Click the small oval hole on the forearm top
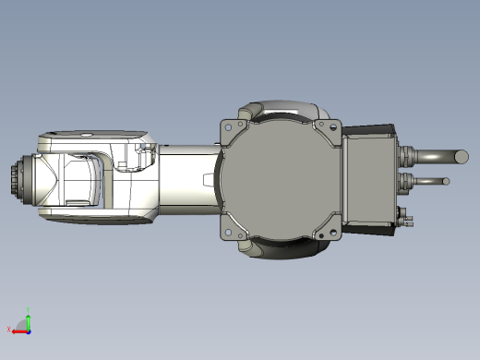pyautogui.click(x=86, y=136)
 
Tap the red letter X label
pyautogui.click(x=8, y=329)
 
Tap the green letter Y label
pyautogui.click(x=29, y=310)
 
